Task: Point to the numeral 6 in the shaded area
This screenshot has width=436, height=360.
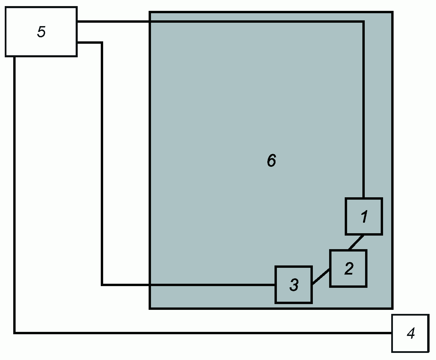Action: point(271,160)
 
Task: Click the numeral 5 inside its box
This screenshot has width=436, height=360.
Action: point(41,32)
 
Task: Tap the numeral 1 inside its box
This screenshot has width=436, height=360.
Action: point(364,217)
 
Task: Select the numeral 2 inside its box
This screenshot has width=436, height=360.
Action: point(349,268)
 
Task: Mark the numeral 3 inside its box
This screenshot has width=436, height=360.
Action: point(294,285)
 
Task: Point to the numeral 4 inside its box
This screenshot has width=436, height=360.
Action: point(411,334)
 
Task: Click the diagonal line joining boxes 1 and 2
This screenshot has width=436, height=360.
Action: point(356,242)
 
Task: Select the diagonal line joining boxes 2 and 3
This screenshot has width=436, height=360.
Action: point(321,276)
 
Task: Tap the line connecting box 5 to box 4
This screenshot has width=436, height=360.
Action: point(204,333)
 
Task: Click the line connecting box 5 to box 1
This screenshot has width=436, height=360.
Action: point(221,22)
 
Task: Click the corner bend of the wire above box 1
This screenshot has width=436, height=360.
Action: point(363,22)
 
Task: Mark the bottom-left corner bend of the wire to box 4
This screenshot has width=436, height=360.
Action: point(15,333)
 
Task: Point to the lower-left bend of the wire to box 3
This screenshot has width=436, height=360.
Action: point(102,285)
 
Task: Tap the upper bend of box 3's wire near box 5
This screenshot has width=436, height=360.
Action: point(101,43)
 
